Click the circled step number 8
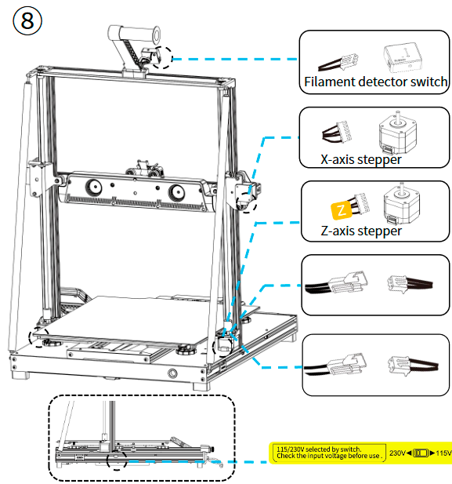point(27,21)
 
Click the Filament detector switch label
point(375,82)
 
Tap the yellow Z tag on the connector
point(340,209)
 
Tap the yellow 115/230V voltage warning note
point(328,453)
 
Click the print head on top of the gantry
point(141,167)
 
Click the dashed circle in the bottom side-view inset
point(118,459)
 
